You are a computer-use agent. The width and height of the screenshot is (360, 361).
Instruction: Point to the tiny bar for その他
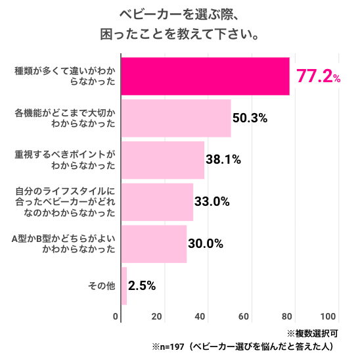(x=124, y=286)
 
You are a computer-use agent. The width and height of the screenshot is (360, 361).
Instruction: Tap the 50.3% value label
(x=250, y=118)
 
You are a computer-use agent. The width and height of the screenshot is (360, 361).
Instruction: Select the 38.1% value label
(x=223, y=160)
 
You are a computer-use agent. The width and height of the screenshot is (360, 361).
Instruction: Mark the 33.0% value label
(x=212, y=202)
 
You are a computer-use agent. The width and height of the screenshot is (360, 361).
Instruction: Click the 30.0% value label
(x=206, y=244)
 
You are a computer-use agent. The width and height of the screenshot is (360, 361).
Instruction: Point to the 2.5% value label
(x=142, y=286)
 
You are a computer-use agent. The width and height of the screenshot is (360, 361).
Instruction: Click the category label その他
(x=101, y=286)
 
